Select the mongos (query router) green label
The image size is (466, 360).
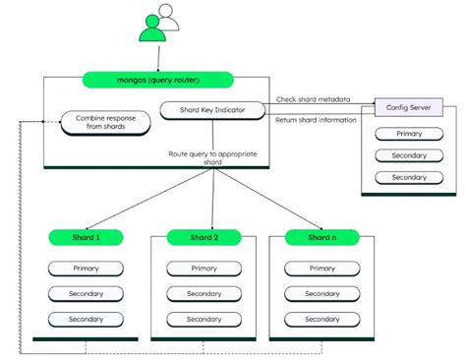click(157, 81)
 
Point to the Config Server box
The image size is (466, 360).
click(409, 106)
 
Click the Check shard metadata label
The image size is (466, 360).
click(314, 99)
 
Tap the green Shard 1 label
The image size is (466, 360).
click(87, 237)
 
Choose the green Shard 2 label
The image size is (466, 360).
click(204, 237)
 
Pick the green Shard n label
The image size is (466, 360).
click(321, 237)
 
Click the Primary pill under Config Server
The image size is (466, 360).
click(409, 133)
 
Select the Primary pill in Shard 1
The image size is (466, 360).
click(87, 269)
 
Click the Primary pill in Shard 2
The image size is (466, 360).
click(204, 269)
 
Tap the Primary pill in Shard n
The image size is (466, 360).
click(321, 269)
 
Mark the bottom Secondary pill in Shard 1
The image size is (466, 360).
click(87, 319)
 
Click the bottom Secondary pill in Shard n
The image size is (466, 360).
click(321, 319)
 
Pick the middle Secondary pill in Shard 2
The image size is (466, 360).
click(204, 293)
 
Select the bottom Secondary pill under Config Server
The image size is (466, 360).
click(409, 178)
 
